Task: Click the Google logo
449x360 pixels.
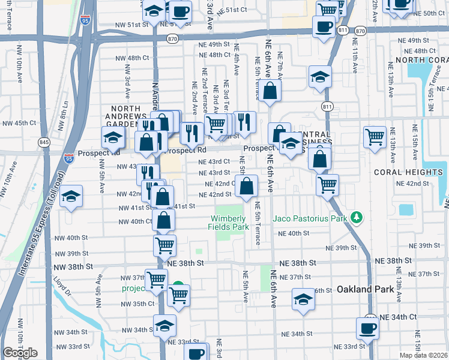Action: pos(20,353)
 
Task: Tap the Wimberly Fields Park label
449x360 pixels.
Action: pos(228,223)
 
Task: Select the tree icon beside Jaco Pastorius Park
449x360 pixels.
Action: pos(357,217)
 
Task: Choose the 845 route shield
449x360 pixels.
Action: pos(44,142)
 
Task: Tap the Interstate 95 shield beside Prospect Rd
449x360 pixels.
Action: pos(69,158)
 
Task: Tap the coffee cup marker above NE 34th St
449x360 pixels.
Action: pos(367,328)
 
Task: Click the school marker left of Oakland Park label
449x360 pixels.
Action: pos(304,299)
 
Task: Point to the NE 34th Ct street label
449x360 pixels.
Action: pos(398,316)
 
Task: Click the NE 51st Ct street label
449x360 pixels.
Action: pos(232,11)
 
